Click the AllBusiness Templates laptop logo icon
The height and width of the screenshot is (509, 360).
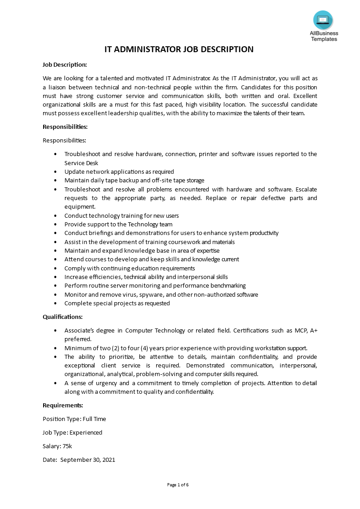pos(323,20)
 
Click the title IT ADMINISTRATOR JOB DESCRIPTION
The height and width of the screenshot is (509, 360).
pos(179,49)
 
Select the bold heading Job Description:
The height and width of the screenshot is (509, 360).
pos(64,64)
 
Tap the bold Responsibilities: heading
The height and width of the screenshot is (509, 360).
pos(65,127)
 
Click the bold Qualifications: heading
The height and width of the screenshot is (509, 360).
pos(63,317)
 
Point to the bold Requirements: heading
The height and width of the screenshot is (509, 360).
pos(63,405)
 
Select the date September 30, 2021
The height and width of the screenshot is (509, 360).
pos(88,460)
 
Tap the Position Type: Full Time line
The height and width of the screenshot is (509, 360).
pos(74,419)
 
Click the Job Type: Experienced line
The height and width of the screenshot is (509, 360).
pos(72,432)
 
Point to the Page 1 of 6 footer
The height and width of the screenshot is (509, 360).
pos(178,485)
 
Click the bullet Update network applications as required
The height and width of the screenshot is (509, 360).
pos(119,171)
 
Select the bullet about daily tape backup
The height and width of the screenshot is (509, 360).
pos(134,180)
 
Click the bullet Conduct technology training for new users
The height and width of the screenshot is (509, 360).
pos(121,215)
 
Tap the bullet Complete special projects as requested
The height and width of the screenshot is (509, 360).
pos(117,303)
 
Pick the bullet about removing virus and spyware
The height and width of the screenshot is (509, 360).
pos(161,294)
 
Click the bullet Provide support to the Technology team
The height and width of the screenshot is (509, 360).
pos(118,224)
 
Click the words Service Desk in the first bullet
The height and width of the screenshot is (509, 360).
pos(81,163)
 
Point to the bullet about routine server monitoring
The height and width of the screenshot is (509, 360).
pos(155,285)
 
